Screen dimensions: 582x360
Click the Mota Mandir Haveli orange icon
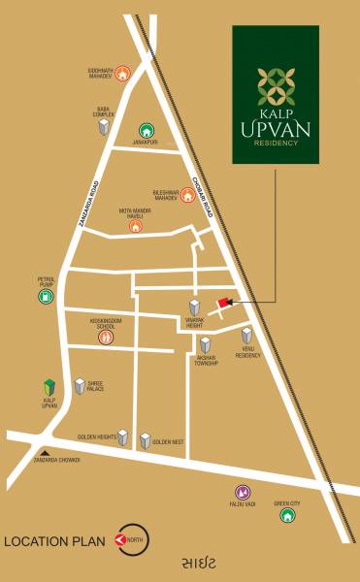click(135, 226)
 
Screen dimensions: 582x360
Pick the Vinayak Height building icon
click(194, 307)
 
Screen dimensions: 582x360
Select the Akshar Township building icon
click(206, 345)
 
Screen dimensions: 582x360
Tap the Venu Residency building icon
click(247, 337)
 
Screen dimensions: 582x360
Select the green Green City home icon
click(287, 515)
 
